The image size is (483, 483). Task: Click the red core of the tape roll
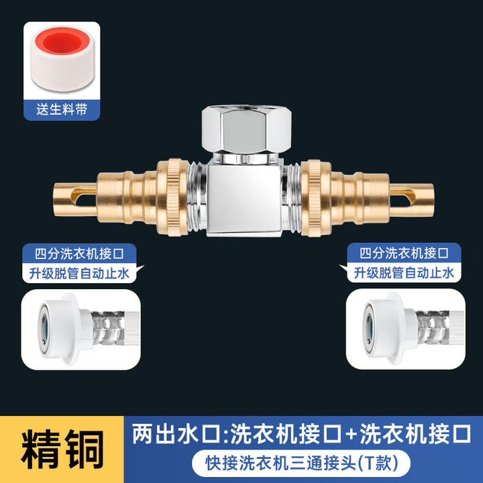click(x=63, y=41)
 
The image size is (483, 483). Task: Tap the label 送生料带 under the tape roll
click(x=62, y=109)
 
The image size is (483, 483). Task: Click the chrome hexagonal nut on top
click(x=246, y=129)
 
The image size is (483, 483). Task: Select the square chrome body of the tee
click(x=244, y=200)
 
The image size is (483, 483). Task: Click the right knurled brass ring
click(x=315, y=198)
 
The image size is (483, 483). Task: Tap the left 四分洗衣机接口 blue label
click(x=79, y=254)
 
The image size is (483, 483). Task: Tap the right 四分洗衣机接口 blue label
click(x=404, y=253)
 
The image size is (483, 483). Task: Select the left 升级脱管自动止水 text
click(x=79, y=274)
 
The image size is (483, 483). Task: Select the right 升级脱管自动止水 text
click(x=404, y=273)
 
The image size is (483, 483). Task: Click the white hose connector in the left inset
click(x=64, y=329)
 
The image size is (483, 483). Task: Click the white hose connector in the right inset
click(x=389, y=328)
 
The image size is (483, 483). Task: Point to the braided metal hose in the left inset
click(x=109, y=328)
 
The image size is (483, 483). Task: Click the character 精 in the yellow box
click(x=40, y=449)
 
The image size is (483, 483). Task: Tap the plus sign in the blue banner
click(x=351, y=434)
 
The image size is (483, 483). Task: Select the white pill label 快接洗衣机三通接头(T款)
click(x=301, y=463)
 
